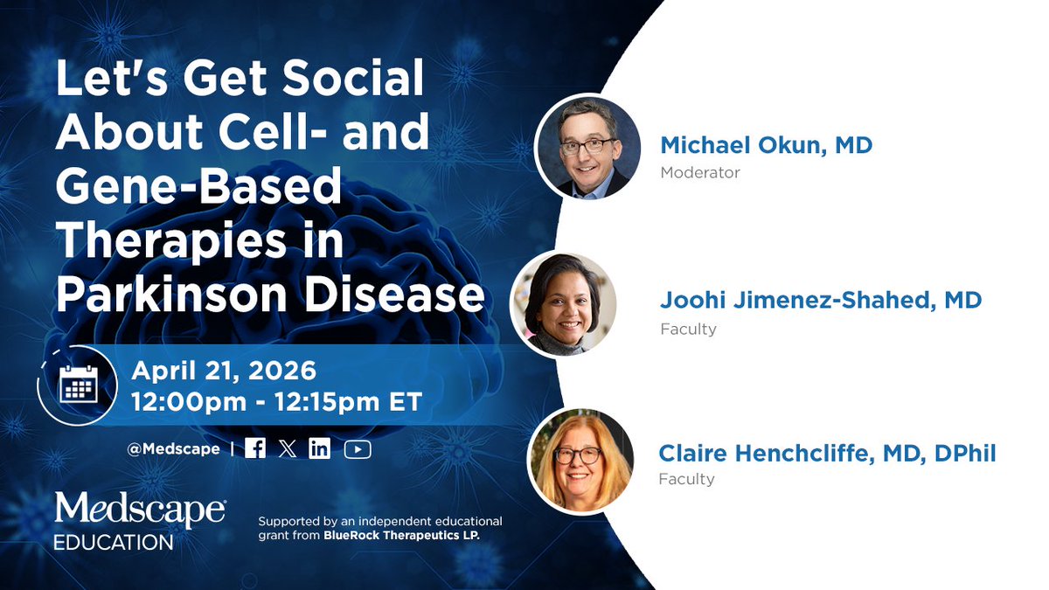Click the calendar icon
[78, 385]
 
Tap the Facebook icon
[255, 448]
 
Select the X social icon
[288, 448]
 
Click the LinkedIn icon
[320, 448]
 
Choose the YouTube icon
[358, 448]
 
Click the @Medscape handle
[173, 449]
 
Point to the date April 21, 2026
[223, 371]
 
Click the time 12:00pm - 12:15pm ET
[276, 402]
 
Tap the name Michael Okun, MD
[766, 145]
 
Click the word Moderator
[700, 172]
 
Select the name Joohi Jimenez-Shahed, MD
[821, 301]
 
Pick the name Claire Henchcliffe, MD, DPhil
[827, 453]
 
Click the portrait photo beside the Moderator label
[587, 147]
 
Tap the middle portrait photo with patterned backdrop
[563, 304]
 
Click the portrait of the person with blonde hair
[580, 460]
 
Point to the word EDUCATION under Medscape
[113, 543]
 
